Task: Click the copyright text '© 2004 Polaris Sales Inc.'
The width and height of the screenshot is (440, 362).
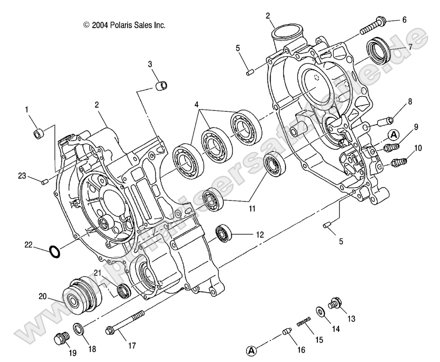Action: [x=124, y=26]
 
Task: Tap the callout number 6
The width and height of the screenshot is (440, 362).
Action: [x=404, y=20]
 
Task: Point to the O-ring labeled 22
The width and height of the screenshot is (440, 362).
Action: [x=54, y=251]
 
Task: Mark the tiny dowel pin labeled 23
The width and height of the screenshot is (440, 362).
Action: [x=45, y=181]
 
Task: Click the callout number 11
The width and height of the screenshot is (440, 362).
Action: [x=251, y=209]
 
